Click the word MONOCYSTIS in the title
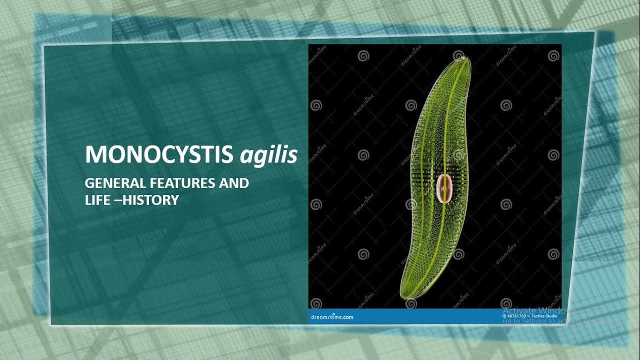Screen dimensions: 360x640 (x=159, y=155)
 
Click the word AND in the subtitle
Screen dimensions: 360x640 (x=234, y=183)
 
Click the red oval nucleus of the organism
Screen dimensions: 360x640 (x=443, y=188)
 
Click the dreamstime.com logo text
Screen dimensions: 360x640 (x=332, y=317)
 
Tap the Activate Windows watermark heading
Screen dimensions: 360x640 (x=532, y=310)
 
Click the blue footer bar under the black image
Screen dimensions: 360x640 (x=425, y=316)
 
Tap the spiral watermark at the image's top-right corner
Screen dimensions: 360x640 (x=553, y=56)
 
